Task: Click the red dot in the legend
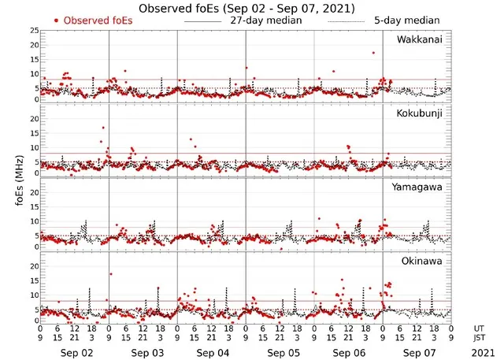click(x=57, y=20)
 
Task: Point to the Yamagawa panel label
click(x=421, y=187)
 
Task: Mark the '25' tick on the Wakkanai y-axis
click(x=34, y=30)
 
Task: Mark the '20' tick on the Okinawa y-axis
click(x=34, y=266)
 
